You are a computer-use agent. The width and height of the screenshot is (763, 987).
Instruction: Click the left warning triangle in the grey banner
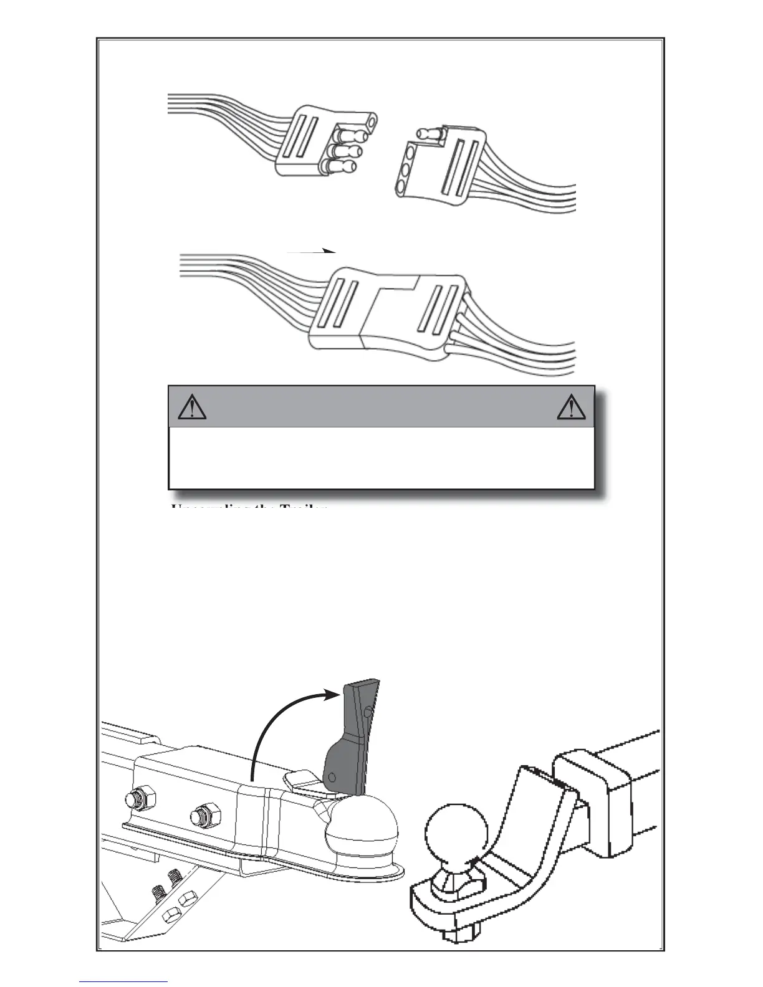click(192, 407)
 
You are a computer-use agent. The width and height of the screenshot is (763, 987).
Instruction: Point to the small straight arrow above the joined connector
click(312, 252)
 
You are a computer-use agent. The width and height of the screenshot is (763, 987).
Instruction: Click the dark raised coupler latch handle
click(356, 735)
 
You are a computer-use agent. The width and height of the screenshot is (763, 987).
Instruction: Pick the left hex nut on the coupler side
click(135, 798)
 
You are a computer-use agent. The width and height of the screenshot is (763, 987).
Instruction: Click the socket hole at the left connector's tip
click(372, 121)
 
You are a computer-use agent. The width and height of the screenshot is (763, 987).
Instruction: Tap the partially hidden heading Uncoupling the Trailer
click(249, 507)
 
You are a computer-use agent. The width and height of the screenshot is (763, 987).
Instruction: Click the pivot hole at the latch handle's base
click(333, 776)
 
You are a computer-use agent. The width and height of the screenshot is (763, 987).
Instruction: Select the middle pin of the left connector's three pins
click(347, 151)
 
